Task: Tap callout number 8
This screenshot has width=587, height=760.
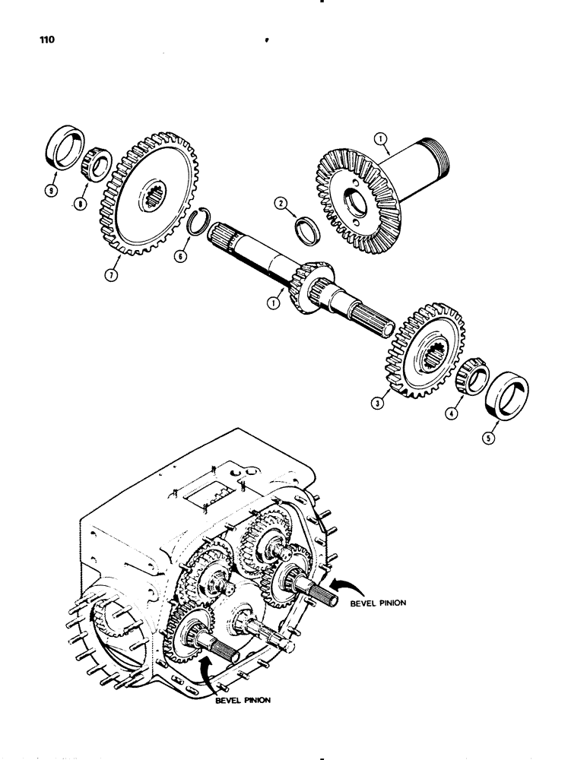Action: pos(79,204)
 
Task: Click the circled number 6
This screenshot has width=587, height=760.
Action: pos(180,257)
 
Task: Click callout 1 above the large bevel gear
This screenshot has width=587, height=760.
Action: pos(380,139)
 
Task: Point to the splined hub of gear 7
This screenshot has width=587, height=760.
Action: pos(149,201)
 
